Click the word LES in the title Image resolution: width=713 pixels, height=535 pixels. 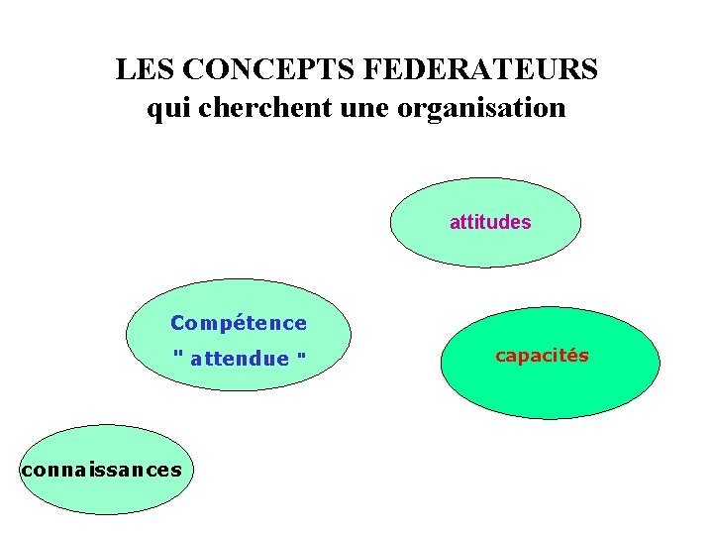click(x=147, y=70)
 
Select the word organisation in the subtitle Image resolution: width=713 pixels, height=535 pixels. click(x=481, y=108)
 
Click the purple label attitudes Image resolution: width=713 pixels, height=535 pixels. click(x=490, y=223)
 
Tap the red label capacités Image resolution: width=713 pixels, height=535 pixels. click(x=542, y=356)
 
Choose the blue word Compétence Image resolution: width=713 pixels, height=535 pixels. click(x=239, y=323)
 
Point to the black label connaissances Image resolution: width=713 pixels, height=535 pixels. click(x=101, y=470)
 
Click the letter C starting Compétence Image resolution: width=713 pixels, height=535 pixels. click(x=178, y=323)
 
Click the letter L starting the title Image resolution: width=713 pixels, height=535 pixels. click(x=124, y=70)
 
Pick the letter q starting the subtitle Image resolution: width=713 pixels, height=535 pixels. click(x=154, y=110)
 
